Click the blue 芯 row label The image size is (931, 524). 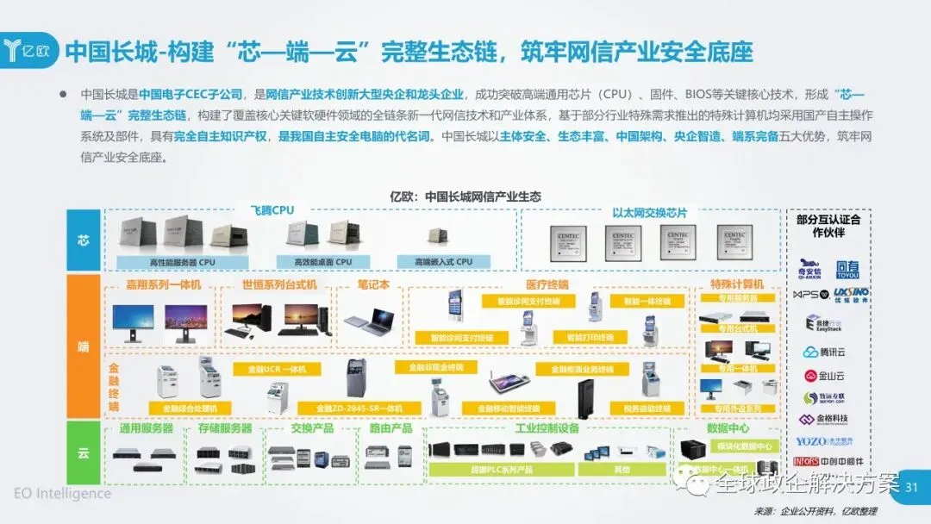pyautogui.click(x=83, y=240)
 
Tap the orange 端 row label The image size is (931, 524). pyautogui.click(x=83, y=346)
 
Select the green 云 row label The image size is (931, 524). pyautogui.click(x=83, y=451)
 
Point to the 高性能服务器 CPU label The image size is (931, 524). pyautogui.click(x=170, y=261)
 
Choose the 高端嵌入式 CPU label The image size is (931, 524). pyautogui.click(x=443, y=261)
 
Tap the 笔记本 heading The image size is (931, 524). pyautogui.click(x=373, y=284)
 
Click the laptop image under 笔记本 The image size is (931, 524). pyautogui.click(x=369, y=321)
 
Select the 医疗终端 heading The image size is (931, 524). pyautogui.click(x=547, y=284)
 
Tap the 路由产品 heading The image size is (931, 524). pyautogui.click(x=391, y=427)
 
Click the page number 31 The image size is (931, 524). pyautogui.click(x=911, y=489)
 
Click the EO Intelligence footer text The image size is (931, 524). pyautogui.click(x=62, y=494)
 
